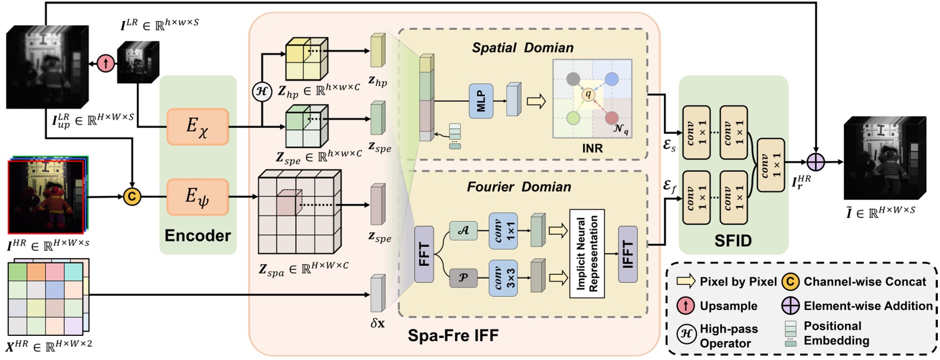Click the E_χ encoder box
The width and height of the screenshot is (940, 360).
(x=198, y=126)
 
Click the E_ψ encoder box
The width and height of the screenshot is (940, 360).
(x=198, y=197)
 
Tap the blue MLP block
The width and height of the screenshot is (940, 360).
(x=481, y=101)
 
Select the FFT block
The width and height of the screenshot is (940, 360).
(x=424, y=254)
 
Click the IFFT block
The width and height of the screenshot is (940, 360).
(x=628, y=254)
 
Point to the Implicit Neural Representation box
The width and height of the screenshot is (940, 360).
(x=587, y=254)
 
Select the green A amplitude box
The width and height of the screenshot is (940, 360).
(x=463, y=231)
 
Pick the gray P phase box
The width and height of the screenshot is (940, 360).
(x=463, y=277)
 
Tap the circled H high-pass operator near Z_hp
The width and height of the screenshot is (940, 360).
(x=262, y=92)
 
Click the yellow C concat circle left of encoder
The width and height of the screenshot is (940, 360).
(x=132, y=197)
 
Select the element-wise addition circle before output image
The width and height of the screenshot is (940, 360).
(x=815, y=161)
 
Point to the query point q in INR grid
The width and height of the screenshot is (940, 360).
(x=588, y=95)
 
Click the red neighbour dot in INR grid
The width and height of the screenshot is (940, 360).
(x=611, y=118)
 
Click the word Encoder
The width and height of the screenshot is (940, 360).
(x=198, y=236)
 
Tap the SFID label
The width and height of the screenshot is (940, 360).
(x=733, y=241)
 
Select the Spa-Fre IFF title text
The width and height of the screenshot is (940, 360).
(x=453, y=336)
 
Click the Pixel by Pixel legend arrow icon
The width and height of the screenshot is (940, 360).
(x=686, y=281)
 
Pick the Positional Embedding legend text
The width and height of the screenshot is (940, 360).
(x=836, y=333)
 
